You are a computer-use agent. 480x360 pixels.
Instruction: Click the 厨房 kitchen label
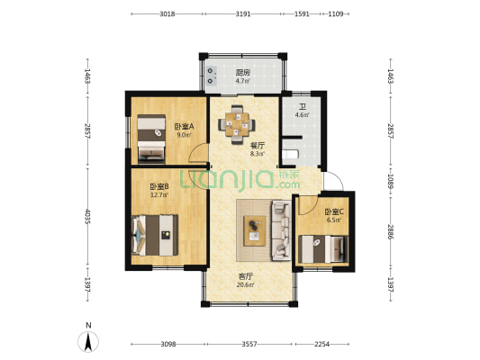241,73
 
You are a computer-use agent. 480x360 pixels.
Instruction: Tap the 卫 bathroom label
303,106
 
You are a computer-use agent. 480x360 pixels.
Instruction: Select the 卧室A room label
183,127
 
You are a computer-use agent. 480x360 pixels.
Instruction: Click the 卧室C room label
333,211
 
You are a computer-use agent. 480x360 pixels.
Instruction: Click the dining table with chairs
237,122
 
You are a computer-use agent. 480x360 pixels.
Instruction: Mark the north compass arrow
87,341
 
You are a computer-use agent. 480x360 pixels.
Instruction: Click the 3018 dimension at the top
167,14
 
